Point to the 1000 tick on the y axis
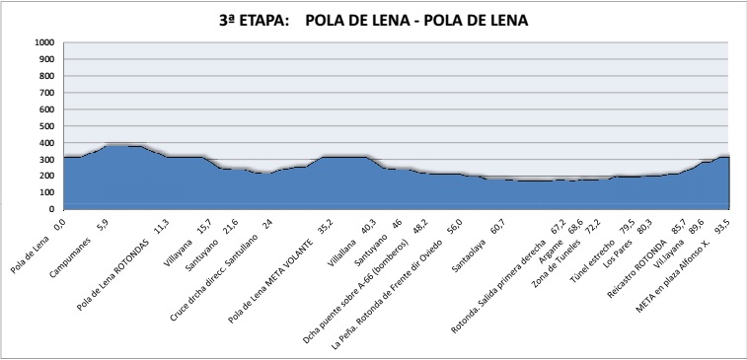click(x=43, y=42)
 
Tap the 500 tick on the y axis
click(x=46, y=125)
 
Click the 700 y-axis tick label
click(x=46, y=93)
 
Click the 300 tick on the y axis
click(x=46, y=159)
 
